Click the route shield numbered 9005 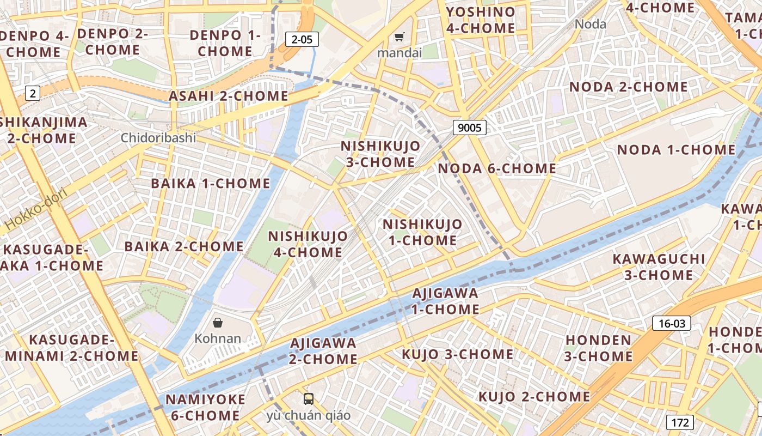coord(469,128)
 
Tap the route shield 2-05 coord(302,39)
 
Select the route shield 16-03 coord(672,323)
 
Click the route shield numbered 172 coord(680,422)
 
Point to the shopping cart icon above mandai coord(400,37)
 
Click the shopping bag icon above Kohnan coord(218,323)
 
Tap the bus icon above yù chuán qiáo coord(309,399)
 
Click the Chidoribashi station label coord(158,137)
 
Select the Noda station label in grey coord(591,24)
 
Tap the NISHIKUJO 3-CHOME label coord(380,154)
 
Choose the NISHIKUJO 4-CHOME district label coord(308,244)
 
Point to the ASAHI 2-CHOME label coord(229,96)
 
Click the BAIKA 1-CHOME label coord(211,183)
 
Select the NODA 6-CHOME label coord(497,168)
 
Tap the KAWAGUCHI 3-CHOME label coord(659,267)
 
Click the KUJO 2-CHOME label coord(534,396)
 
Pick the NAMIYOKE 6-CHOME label coord(206,407)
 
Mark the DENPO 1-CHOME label coord(225,43)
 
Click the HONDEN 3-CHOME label coord(598,348)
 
